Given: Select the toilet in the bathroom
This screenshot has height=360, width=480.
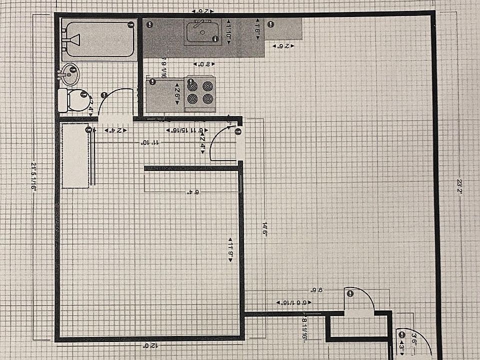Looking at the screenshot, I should point(73,99).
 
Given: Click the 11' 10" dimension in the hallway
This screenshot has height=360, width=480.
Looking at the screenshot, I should point(149,143).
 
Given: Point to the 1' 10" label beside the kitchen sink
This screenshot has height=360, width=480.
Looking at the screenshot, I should point(228,30).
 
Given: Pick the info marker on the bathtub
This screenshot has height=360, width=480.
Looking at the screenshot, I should point(130,24).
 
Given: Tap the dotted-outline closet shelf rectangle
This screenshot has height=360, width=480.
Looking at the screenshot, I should point(75,156).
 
